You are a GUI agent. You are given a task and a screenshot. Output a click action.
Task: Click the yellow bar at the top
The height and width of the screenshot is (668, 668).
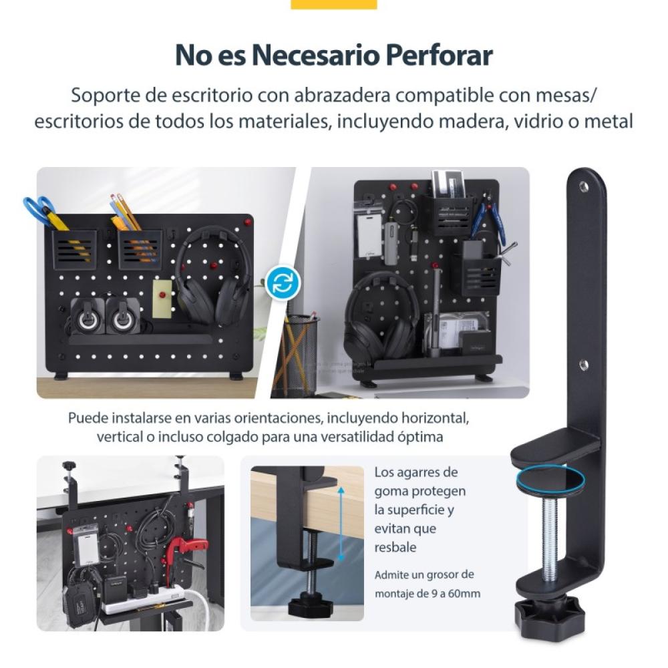click(334, 4)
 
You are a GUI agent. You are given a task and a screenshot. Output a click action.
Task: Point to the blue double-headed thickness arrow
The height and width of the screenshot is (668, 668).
click(341, 524)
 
